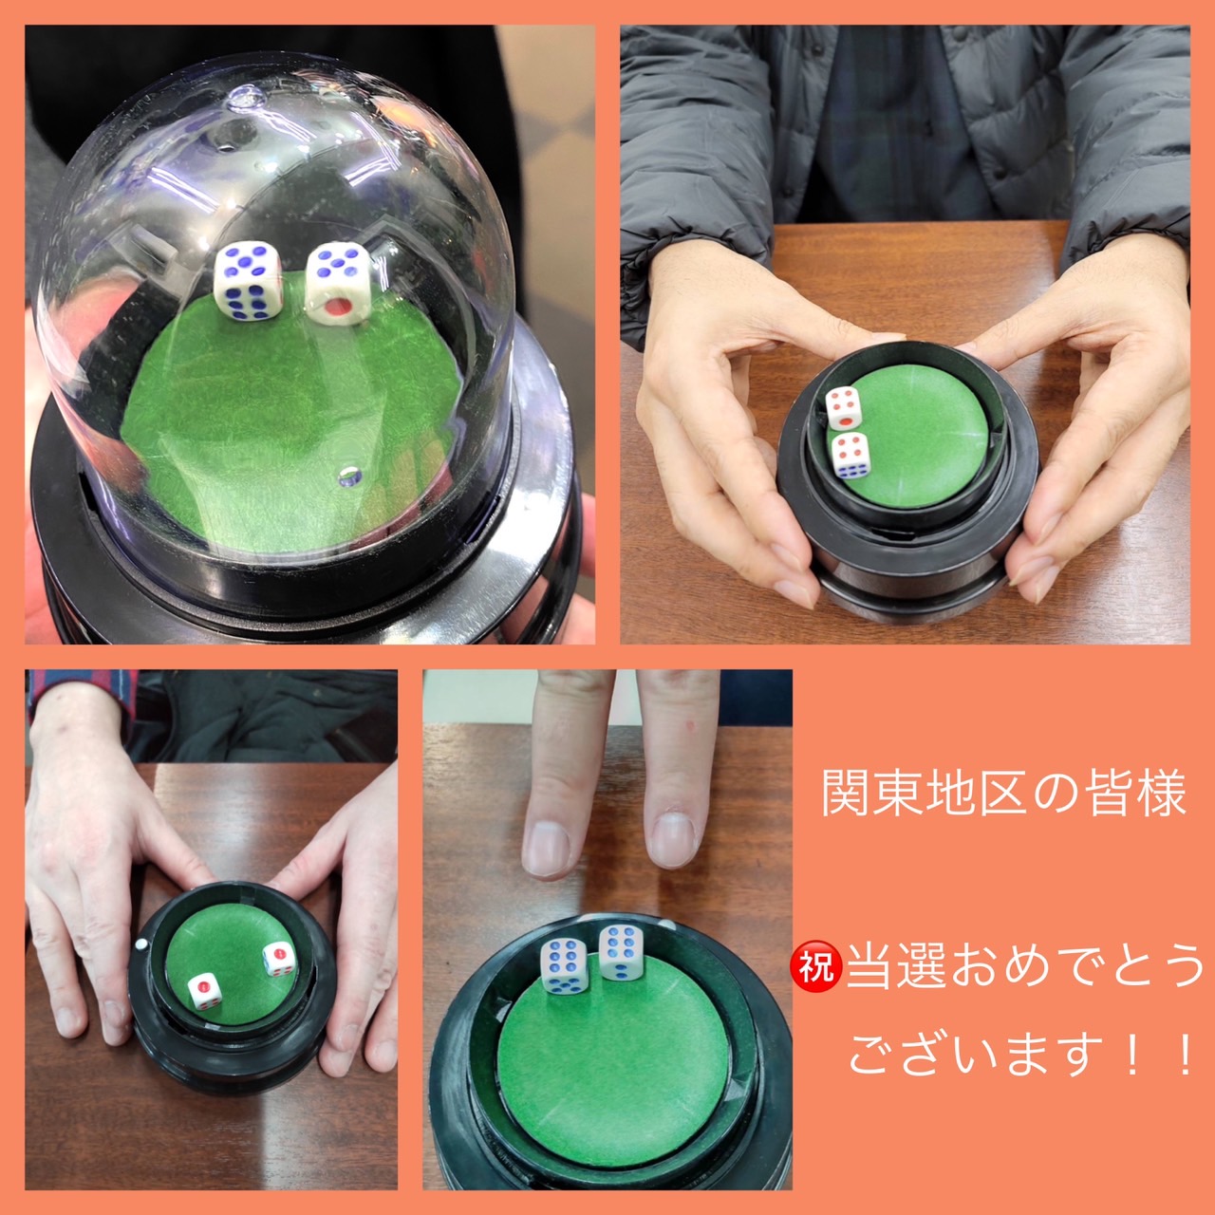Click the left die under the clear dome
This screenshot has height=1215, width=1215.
click(x=248, y=281)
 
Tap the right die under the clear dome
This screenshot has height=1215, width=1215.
click(x=339, y=285)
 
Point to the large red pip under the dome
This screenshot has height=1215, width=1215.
click(x=339, y=307)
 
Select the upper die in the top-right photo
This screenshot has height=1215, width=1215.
click(x=844, y=406)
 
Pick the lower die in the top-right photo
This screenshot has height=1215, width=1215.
click(x=850, y=456)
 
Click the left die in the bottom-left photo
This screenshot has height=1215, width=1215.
click(x=205, y=991)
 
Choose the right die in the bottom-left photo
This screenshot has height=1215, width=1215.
click(x=279, y=959)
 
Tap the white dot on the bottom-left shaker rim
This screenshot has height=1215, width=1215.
click(x=141, y=945)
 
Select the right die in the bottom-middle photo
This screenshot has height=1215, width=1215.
click(x=621, y=952)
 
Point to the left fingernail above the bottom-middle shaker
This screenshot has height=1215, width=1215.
click(x=547, y=847)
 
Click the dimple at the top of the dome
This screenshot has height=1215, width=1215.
click(x=246, y=99)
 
